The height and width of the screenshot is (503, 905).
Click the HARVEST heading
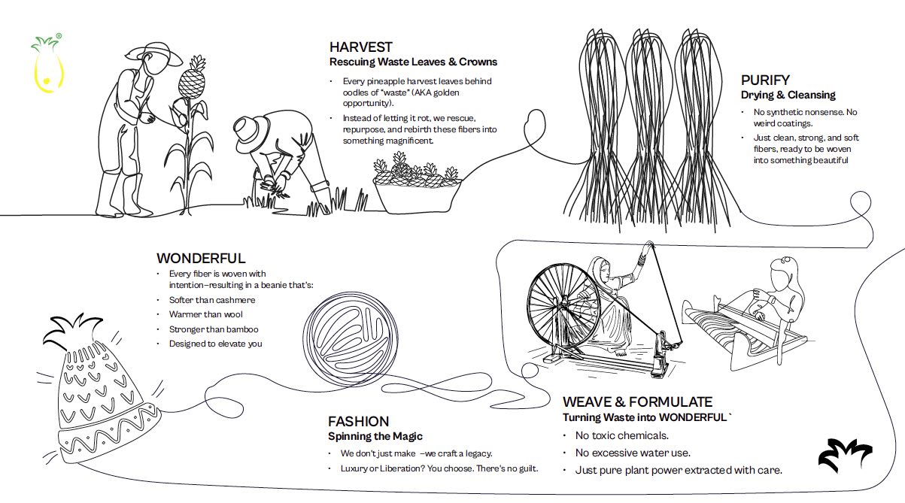click(x=361, y=47)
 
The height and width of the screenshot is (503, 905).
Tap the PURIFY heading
click(x=765, y=80)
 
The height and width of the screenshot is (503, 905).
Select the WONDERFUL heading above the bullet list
click(x=201, y=259)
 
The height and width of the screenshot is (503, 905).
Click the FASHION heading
click(x=358, y=422)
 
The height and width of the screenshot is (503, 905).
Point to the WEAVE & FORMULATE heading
click(x=637, y=402)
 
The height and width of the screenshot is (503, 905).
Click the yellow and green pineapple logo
click(x=47, y=63)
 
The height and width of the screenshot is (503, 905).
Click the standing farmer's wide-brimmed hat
click(x=154, y=54)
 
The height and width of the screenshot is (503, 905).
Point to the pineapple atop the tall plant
click(x=192, y=78)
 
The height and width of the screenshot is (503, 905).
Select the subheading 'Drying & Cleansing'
click(x=788, y=95)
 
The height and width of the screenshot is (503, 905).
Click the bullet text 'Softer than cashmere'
click(x=212, y=300)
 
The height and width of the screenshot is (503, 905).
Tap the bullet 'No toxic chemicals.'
click(x=622, y=435)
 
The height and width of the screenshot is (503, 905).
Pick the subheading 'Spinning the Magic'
click(x=375, y=436)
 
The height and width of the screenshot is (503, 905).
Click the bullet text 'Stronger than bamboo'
click(x=214, y=329)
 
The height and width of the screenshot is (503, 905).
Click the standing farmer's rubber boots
click(x=123, y=195)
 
